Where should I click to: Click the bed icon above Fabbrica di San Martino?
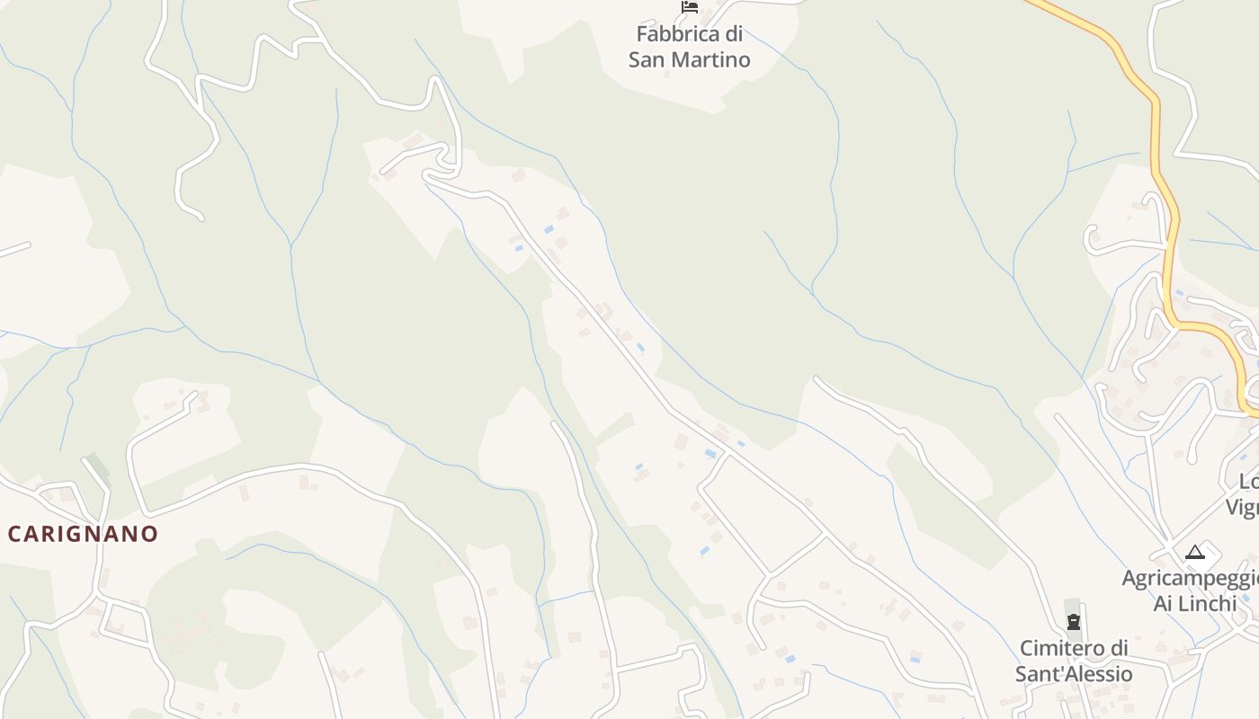point(690,7)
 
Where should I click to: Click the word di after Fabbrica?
point(734,34)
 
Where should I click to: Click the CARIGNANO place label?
point(83,534)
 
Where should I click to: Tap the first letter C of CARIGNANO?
point(14,534)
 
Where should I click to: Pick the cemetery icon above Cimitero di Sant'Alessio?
point(1073,622)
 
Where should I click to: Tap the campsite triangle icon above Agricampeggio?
point(1194,552)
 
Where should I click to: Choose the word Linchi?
point(1207,603)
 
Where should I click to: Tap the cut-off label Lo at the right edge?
point(1248,481)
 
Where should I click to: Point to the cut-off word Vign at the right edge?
point(1242,507)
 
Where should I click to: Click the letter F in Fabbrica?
point(642,34)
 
